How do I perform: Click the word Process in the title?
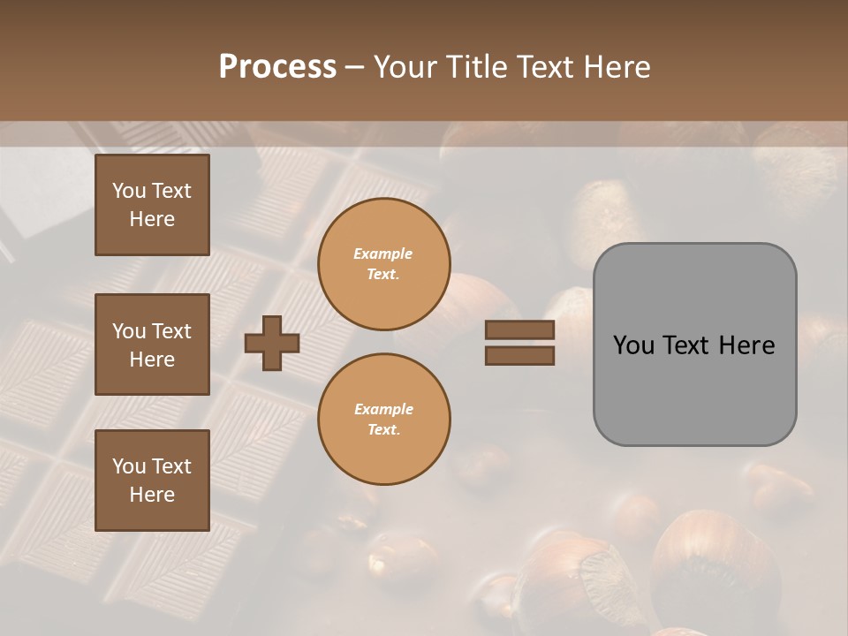pyautogui.click(x=277, y=67)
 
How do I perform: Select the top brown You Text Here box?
pyautogui.click(x=152, y=205)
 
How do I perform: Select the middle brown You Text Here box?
pyautogui.click(x=152, y=344)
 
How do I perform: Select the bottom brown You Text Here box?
pyautogui.click(x=152, y=481)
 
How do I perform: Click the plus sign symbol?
pyautogui.click(x=272, y=343)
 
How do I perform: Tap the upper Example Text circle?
pyautogui.click(x=383, y=264)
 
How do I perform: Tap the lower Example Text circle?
pyautogui.click(x=383, y=420)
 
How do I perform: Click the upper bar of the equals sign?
pyautogui.click(x=519, y=330)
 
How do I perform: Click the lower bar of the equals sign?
pyautogui.click(x=519, y=356)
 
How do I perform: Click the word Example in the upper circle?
pyautogui.click(x=383, y=254)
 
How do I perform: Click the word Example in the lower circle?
pyautogui.click(x=383, y=410)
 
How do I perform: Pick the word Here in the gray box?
pyautogui.click(x=746, y=345)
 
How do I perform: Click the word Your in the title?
pyautogui.click(x=403, y=67)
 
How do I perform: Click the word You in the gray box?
pyautogui.click(x=634, y=345)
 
